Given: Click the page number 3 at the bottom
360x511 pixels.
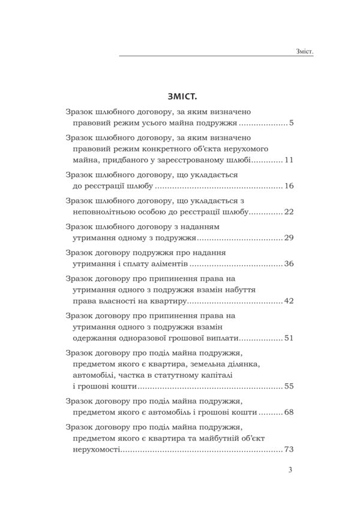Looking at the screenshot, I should [x=290, y=470].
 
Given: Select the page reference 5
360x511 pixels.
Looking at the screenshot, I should [x=290, y=124].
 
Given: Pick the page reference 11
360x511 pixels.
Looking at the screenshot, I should [x=288, y=162].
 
